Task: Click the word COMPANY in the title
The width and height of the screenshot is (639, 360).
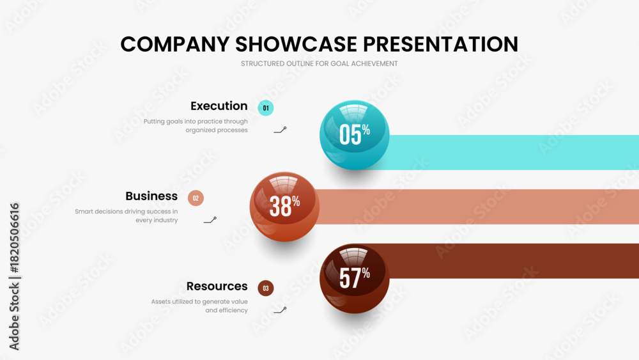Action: [x=175, y=44]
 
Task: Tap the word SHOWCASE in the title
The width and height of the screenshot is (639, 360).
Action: [x=296, y=44]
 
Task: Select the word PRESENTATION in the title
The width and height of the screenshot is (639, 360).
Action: [x=440, y=44]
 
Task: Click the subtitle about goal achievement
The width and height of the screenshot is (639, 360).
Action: [x=319, y=63]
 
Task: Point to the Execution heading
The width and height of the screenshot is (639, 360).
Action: [x=219, y=106]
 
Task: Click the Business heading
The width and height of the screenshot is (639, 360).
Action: [x=151, y=196]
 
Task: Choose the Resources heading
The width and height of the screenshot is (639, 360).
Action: [x=217, y=286]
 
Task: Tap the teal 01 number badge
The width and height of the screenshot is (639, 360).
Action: [x=266, y=108]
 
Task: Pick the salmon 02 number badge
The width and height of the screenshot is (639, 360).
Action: [x=196, y=198]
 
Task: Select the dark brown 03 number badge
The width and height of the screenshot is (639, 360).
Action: [x=266, y=288]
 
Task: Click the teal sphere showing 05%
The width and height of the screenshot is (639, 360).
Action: [x=355, y=135]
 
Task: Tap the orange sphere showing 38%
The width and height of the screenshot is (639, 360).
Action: [x=284, y=207]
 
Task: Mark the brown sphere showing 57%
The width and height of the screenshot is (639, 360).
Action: [x=355, y=278]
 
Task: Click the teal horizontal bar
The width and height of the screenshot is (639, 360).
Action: [x=514, y=152]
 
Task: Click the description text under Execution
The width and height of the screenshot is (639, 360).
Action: [x=196, y=125]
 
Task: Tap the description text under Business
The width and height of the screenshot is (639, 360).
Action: [x=127, y=215]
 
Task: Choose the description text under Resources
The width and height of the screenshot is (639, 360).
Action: [x=199, y=306]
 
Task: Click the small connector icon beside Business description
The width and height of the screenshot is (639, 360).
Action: [x=210, y=221]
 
